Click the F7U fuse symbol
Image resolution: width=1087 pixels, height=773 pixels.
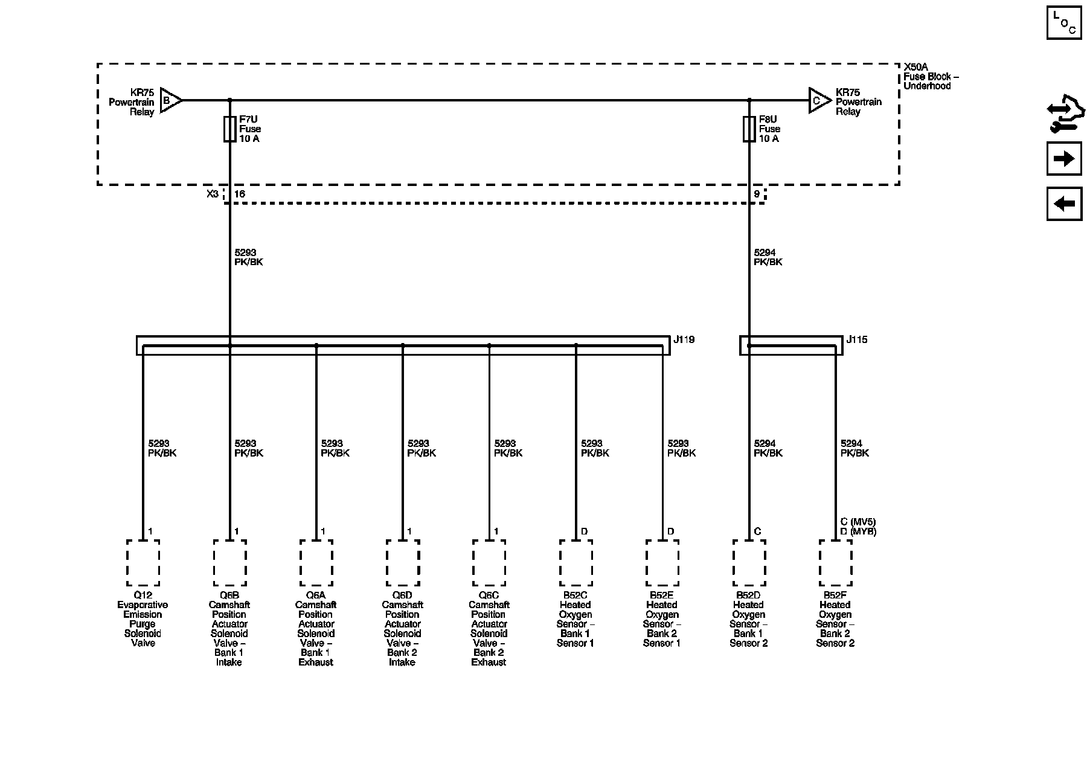point(229,129)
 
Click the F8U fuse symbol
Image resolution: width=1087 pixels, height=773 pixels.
point(749,129)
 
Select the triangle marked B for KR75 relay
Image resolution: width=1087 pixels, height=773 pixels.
point(170,101)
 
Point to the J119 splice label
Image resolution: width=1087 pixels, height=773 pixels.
point(684,340)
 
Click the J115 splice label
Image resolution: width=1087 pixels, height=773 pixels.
point(856,340)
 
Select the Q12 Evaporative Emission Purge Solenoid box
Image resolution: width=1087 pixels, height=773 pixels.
point(143,563)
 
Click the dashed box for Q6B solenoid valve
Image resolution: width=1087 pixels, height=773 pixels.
point(229,563)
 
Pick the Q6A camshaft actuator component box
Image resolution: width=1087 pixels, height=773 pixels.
point(316,563)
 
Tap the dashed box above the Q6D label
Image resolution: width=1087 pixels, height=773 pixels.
point(403,563)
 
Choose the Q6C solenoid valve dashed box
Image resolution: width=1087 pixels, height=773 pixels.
point(489,563)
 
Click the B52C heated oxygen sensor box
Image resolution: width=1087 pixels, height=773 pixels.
point(576,563)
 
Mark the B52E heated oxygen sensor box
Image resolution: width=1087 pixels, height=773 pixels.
point(662,563)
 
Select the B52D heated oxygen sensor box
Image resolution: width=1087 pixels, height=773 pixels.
point(749,563)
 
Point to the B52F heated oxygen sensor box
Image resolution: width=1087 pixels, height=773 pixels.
point(835,563)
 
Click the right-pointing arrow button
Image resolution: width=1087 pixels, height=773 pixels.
point(1063,159)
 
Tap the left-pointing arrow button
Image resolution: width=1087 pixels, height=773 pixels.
point(1063,204)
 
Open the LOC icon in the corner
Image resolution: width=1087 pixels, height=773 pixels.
point(1063,23)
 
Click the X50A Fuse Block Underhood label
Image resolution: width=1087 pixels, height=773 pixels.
point(930,77)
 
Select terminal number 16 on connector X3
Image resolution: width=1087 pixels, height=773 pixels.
point(240,194)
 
